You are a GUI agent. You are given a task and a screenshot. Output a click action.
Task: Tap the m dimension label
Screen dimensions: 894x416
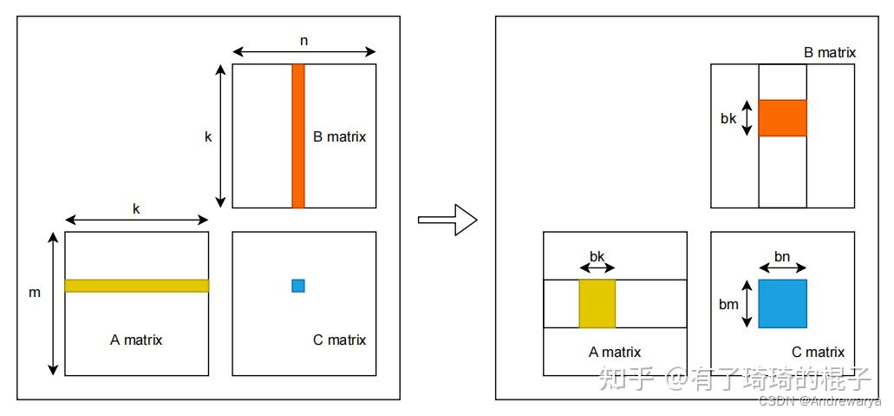[x=35, y=293]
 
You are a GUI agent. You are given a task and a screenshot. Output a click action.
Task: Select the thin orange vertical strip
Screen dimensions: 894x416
[x=298, y=135]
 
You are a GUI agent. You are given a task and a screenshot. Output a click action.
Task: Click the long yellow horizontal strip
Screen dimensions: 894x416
[x=136, y=285]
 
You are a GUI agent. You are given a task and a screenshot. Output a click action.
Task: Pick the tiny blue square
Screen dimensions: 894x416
[x=298, y=285]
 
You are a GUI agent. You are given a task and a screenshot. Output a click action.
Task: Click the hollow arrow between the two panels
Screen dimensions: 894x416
[x=447, y=220]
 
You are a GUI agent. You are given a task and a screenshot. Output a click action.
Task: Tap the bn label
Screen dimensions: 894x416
[x=781, y=255]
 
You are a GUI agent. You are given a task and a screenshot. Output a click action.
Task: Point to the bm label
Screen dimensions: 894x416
[x=729, y=303]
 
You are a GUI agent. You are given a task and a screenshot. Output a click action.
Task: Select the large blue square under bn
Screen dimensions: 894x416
[x=782, y=303]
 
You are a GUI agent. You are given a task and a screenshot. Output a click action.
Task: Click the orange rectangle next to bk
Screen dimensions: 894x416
[x=782, y=118]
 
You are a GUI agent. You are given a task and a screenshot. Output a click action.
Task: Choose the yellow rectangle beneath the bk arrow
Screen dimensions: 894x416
[x=597, y=303]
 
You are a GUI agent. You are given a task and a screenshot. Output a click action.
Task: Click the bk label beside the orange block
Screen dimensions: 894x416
[x=728, y=118]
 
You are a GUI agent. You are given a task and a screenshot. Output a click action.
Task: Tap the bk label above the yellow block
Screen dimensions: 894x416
[x=597, y=256]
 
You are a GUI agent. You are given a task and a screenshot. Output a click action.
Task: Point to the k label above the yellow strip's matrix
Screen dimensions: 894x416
[x=136, y=208]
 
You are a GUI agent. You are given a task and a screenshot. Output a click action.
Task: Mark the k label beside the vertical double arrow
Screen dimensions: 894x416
[x=208, y=136]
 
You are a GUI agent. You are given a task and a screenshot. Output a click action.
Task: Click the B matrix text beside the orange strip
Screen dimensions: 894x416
[x=340, y=136]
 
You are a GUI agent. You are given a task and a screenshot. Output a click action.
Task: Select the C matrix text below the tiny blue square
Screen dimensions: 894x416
[x=339, y=340]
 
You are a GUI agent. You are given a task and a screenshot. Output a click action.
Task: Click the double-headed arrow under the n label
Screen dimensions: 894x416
[x=303, y=52]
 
